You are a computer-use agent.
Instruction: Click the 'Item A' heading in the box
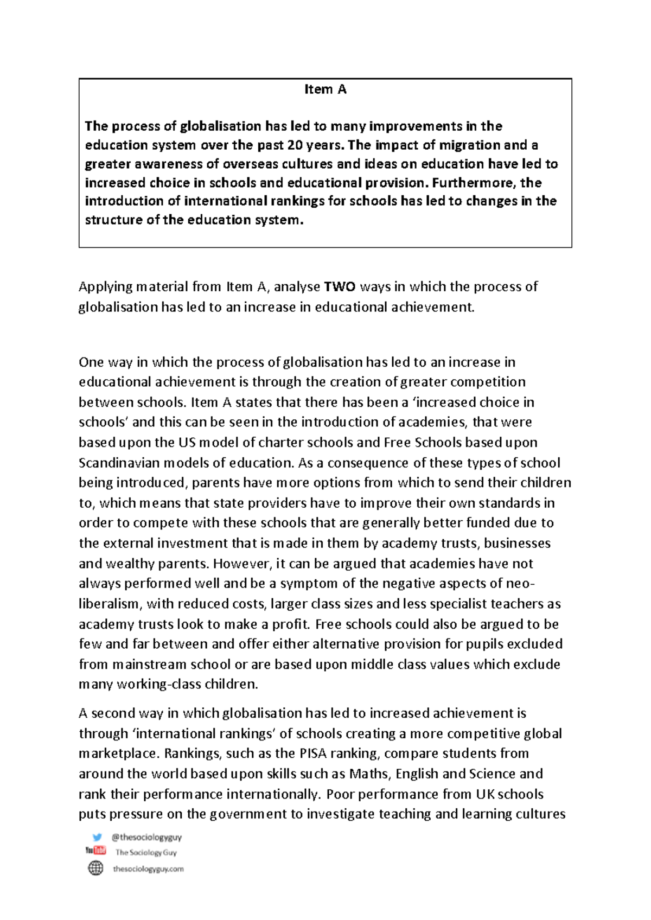click(325, 90)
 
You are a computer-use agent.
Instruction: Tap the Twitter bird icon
click(97, 837)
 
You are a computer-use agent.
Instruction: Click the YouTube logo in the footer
click(95, 851)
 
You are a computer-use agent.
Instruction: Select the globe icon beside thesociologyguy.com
click(95, 868)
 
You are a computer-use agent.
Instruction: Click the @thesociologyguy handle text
click(146, 837)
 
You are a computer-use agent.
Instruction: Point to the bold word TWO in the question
click(340, 286)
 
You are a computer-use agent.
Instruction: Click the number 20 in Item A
click(295, 145)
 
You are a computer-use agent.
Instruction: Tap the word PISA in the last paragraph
click(312, 753)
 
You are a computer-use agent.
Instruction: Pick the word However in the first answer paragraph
click(242, 563)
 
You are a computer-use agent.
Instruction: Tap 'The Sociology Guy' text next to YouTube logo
click(146, 852)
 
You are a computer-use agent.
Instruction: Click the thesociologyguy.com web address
click(148, 868)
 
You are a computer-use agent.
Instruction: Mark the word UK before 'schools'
click(485, 794)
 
